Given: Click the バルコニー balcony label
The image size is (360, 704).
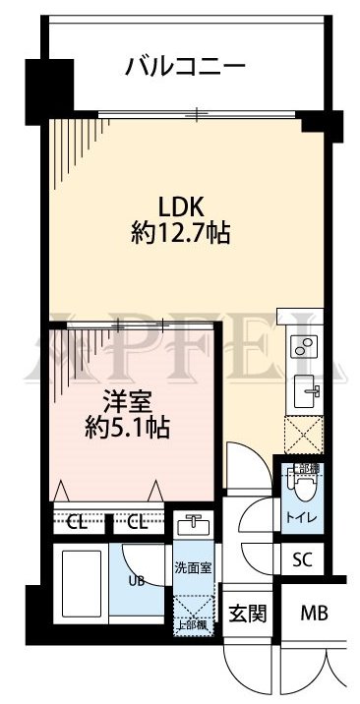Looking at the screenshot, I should (x=184, y=68).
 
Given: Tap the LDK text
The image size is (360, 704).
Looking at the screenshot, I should (x=181, y=207).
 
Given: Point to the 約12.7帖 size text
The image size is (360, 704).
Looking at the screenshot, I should (x=181, y=234).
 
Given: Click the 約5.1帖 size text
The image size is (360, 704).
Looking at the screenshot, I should (x=125, y=428).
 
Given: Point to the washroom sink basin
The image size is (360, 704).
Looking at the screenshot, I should (x=192, y=522).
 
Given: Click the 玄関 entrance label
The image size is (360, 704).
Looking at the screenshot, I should (x=247, y=615).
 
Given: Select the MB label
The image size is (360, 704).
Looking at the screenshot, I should (x=316, y=615).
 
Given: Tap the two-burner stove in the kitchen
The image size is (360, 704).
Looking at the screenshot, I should (x=301, y=346).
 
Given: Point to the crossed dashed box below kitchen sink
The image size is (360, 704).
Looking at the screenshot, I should (x=300, y=434).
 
